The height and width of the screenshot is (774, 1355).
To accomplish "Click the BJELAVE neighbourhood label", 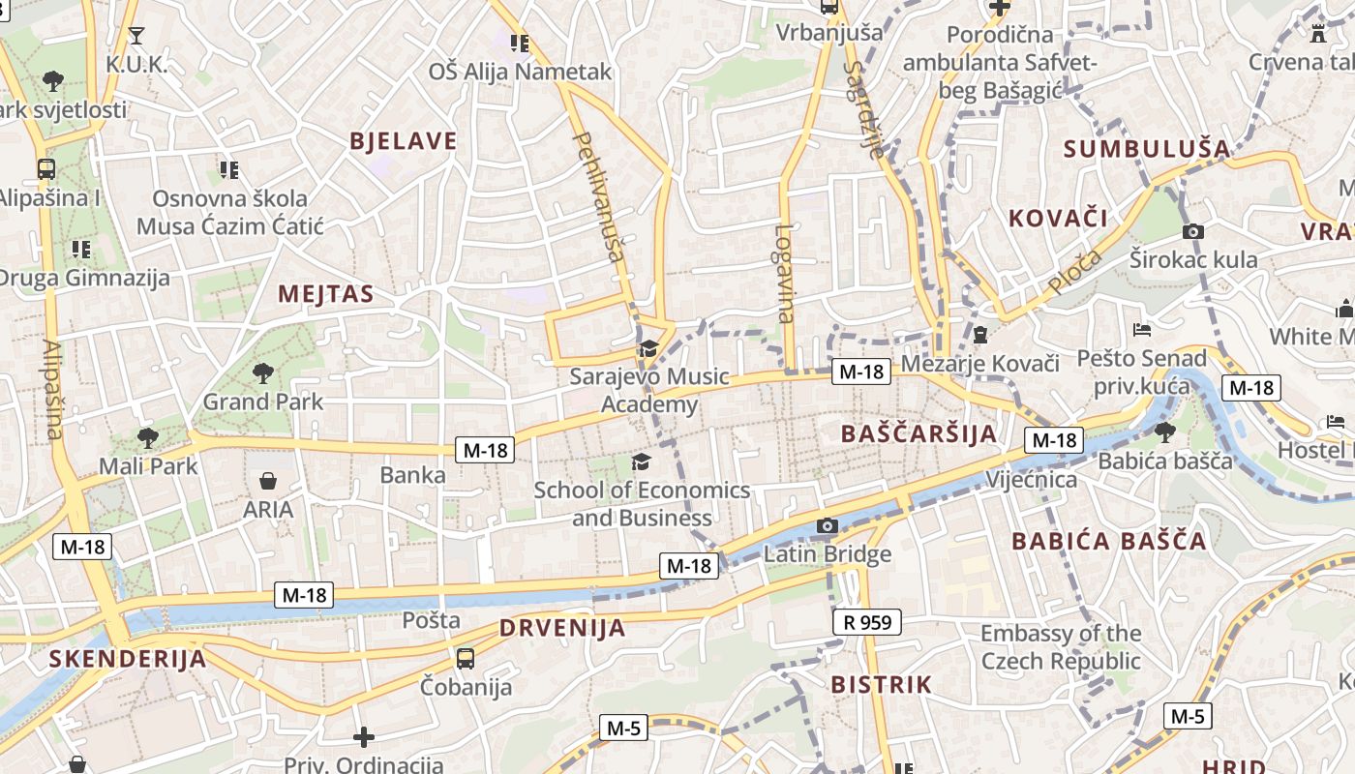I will (x=403, y=141).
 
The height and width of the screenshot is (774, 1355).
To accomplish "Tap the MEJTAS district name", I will (x=326, y=294).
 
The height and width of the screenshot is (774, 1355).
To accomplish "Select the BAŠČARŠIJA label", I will (x=918, y=433).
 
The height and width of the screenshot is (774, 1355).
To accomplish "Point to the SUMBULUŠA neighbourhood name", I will (x=1147, y=149).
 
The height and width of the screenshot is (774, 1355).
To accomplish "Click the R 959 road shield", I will (x=867, y=622).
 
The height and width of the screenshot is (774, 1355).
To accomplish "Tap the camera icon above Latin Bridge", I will (x=827, y=525).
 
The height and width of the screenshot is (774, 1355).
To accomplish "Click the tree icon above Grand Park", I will (x=262, y=372).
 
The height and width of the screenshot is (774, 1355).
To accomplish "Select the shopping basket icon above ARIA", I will (x=268, y=480).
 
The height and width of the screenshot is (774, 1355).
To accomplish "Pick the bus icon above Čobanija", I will (x=466, y=659).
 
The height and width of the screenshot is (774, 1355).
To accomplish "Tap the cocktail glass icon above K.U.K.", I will (x=136, y=36).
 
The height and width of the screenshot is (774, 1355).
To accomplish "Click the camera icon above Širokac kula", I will (x=1193, y=231).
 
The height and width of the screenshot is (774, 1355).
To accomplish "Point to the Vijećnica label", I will (x=1031, y=480).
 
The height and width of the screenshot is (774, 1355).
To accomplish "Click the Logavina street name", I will (x=784, y=273).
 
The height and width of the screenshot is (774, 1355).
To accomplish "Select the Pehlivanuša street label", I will (x=599, y=197).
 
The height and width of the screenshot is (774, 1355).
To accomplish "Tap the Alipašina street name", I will (x=53, y=389).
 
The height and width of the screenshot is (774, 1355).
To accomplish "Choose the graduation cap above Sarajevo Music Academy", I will (x=647, y=348).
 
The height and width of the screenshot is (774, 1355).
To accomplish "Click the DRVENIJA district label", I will (x=562, y=628).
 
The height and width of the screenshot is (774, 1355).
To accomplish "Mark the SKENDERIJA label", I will (x=128, y=660).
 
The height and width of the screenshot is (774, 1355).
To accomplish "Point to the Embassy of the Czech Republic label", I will (x=1061, y=647).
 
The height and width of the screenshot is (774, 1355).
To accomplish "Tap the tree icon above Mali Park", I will (x=148, y=437).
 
